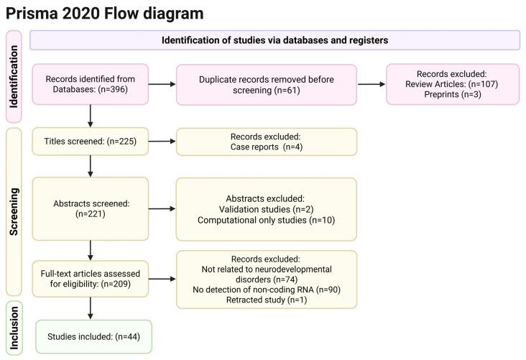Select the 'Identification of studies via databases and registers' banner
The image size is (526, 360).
(x=274, y=40)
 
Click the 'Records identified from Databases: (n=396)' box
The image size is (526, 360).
(x=90, y=85)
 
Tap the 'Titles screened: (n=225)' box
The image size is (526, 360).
(x=90, y=142)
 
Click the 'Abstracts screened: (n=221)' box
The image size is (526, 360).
(x=90, y=208)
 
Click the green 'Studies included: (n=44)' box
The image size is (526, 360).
(x=93, y=336)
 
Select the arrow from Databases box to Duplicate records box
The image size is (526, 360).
(x=162, y=85)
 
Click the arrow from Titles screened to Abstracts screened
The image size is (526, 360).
(x=91, y=166)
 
